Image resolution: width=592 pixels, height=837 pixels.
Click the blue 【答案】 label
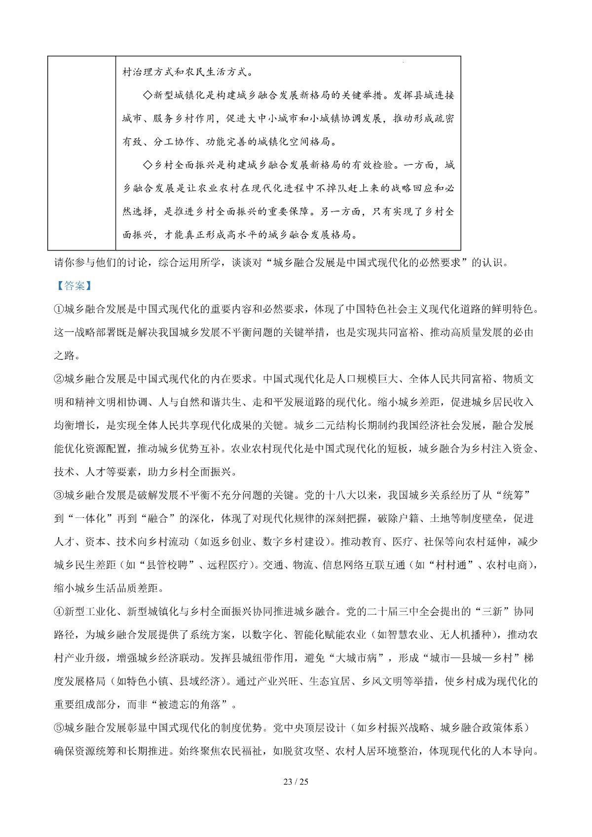[x=71, y=286]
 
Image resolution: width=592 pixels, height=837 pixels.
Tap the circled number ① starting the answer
[x=59, y=309]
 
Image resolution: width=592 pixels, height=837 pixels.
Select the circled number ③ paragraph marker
[x=59, y=495]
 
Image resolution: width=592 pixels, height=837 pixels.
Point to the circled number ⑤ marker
[x=59, y=728]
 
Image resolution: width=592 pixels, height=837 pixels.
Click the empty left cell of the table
[x=81, y=153]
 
